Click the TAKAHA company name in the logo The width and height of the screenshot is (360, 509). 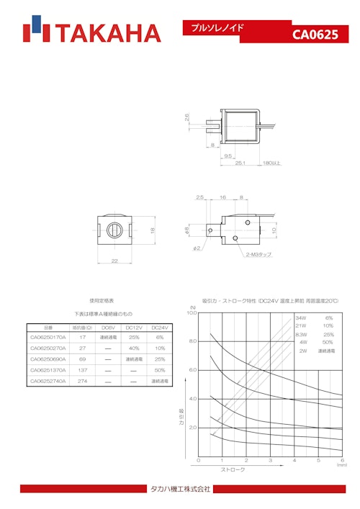click(108, 33)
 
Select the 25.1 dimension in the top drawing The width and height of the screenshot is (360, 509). click(240, 163)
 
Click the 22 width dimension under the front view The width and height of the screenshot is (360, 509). click(114, 261)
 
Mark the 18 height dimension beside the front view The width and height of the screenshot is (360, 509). click(153, 230)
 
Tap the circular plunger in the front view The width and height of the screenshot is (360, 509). click(114, 230)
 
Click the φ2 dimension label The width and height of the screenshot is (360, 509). click(197, 248)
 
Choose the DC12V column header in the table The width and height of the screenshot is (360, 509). click(133, 327)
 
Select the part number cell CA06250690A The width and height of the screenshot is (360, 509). click(48, 359)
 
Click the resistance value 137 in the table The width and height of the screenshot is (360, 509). click(83, 369)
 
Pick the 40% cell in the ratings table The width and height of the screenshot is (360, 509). click(133, 348)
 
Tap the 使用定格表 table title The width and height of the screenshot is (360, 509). click(102, 300)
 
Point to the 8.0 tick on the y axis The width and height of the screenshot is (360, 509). click(192, 341)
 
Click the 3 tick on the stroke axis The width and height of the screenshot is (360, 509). click(270, 461)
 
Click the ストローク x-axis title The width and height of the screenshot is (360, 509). click(232, 469)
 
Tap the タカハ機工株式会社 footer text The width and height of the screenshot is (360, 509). click(180, 490)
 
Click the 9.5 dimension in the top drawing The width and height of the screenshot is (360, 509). click(228, 156)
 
